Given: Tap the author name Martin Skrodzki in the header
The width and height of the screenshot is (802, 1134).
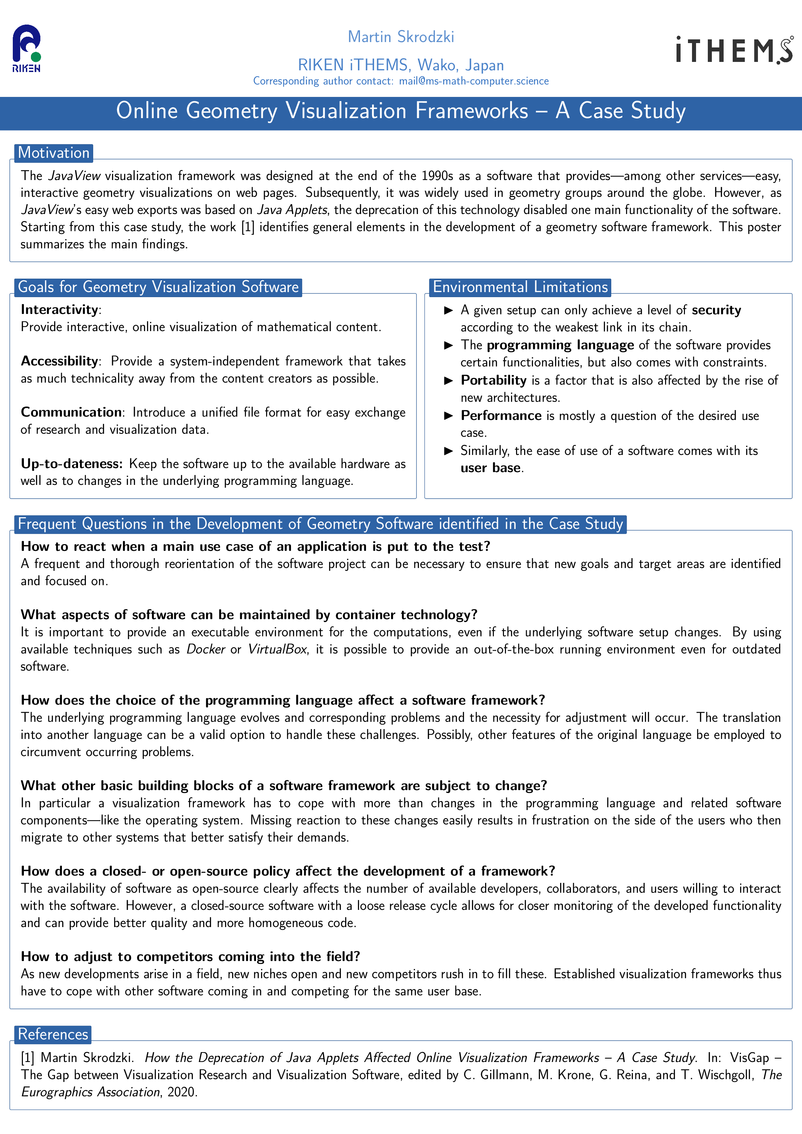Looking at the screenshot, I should click(401, 37).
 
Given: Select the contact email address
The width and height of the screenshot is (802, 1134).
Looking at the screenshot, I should click(474, 81).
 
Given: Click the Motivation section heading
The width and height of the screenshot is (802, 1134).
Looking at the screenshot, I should click(53, 153).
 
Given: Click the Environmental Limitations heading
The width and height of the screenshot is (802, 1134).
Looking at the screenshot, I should click(520, 287).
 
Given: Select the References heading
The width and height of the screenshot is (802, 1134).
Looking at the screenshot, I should click(53, 1034).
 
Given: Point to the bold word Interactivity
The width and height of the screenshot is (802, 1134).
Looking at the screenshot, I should click(59, 310).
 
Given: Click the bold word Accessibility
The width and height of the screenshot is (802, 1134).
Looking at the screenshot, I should click(59, 361).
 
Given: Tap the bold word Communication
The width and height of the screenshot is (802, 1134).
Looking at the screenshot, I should click(71, 413).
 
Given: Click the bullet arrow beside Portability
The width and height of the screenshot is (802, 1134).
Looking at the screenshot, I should click(448, 380).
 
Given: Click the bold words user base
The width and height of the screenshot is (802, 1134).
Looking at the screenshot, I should click(490, 468).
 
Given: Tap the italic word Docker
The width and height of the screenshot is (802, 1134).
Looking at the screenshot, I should click(206, 649).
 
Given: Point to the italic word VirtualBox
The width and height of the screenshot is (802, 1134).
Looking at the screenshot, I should click(277, 649).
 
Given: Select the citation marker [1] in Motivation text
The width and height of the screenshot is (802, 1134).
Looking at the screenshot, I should click(247, 227).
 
